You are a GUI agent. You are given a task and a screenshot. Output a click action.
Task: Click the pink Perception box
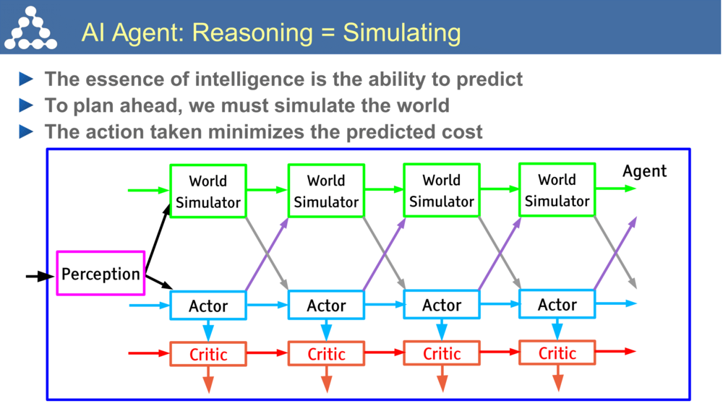100,273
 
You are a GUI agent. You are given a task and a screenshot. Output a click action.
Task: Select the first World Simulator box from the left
208,191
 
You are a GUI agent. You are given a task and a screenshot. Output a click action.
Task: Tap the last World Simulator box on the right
557,190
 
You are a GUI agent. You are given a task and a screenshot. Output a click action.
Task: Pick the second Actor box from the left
326,306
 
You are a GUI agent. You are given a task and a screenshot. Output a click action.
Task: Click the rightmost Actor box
557,304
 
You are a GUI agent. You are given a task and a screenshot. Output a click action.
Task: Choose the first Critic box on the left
208,354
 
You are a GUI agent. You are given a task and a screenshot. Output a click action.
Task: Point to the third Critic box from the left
441,353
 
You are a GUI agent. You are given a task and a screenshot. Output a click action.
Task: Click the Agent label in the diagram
644,171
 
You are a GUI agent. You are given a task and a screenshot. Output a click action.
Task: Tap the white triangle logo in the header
30,29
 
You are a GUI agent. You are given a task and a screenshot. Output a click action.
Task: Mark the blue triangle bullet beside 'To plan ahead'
27,105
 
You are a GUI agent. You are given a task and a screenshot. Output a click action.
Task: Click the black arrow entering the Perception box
40,276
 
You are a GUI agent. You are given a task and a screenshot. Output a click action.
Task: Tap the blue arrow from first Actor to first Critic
208,330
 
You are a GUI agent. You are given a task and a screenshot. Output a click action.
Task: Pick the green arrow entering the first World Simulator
148,191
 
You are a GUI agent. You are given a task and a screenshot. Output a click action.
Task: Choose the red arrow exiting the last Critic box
616,352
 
